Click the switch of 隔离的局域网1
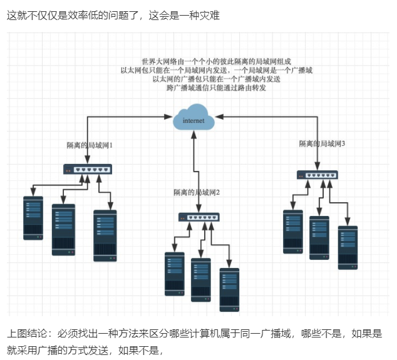click(x=87, y=169)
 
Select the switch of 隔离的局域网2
click(x=199, y=217)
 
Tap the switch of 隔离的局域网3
click(x=317, y=175)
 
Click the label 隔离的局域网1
click(x=90, y=145)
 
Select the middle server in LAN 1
click(x=63, y=229)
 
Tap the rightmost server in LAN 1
click(x=105, y=235)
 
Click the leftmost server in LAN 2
click(x=174, y=273)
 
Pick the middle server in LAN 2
click(x=200, y=280)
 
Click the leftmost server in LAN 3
click(x=292, y=231)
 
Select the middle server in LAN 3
click(x=319, y=237)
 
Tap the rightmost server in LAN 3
click(x=348, y=247)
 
